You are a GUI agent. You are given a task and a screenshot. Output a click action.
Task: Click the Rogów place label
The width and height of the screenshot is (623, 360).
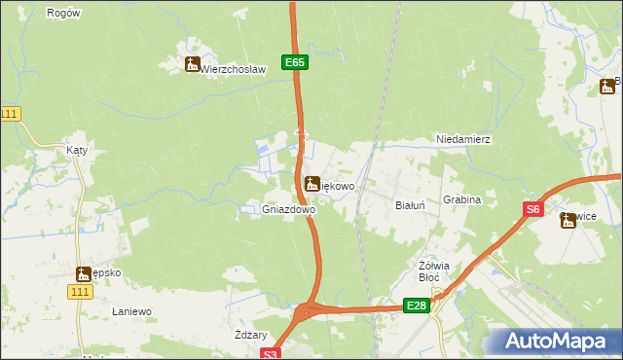(x=63, y=13)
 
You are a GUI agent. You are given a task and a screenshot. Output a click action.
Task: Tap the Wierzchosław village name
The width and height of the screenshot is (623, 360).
(x=233, y=69)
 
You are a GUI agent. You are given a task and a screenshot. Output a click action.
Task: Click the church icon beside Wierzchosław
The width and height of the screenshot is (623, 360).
(x=192, y=65)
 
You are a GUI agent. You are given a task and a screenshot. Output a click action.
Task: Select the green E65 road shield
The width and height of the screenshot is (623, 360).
(x=296, y=62)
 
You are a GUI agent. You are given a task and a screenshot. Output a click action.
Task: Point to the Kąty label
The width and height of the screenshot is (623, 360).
(x=77, y=151)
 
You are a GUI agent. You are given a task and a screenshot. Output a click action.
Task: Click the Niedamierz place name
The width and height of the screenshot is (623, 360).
(x=463, y=140)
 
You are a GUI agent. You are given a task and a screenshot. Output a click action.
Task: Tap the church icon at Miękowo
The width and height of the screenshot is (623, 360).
(x=312, y=183)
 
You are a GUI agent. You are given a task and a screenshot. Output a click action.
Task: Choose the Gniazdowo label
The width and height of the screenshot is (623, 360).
(x=289, y=209)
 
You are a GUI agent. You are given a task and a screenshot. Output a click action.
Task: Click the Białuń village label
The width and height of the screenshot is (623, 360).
(x=410, y=206)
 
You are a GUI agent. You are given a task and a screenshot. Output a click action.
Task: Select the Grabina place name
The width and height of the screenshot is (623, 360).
(x=462, y=199)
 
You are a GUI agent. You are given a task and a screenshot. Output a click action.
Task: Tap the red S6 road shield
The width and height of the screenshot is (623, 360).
(x=532, y=209)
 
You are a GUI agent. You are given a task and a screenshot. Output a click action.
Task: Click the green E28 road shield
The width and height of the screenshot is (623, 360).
(x=416, y=306)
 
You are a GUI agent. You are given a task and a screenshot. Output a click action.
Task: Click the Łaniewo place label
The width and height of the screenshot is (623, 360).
(x=131, y=311)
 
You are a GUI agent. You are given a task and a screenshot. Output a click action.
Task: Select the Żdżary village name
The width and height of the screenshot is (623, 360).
(x=251, y=334)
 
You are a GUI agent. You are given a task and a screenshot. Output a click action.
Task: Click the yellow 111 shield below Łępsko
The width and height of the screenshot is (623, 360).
(x=81, y=292)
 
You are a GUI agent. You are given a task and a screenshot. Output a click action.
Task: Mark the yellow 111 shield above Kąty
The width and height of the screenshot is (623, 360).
(x=10, y=114)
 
